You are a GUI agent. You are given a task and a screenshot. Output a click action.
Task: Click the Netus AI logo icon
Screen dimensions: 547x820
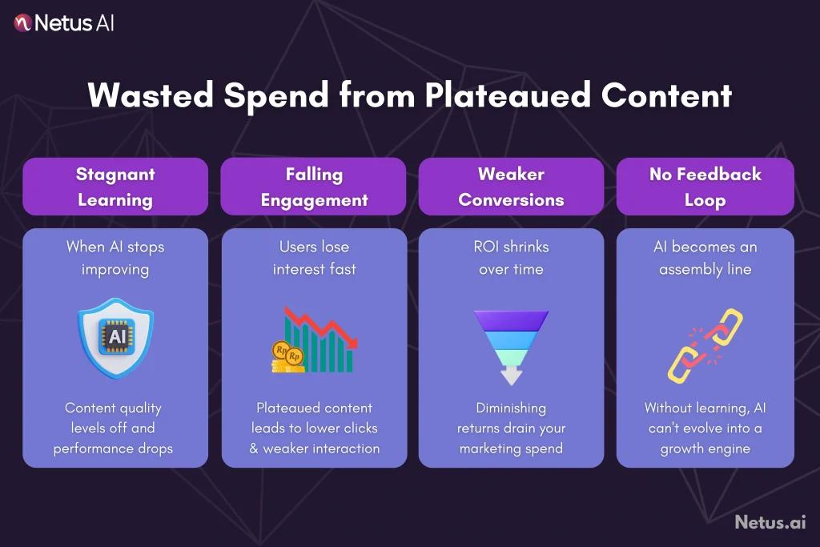tap(23, 23)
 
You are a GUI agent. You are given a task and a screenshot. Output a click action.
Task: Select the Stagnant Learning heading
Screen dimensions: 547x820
tap(115, 187)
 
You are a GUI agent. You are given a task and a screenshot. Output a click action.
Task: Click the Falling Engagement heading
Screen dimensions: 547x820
tap(314, 187)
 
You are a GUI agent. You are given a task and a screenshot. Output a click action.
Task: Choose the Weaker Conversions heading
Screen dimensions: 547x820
tap(511, 187)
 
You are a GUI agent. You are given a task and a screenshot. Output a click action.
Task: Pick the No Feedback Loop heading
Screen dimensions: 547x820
tap(705, 187)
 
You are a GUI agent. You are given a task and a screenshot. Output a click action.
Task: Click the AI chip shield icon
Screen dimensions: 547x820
tap(116, 336)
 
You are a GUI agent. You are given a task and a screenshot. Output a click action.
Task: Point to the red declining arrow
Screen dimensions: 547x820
tap(320, 320)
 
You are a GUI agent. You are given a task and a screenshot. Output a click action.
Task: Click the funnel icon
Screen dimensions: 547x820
tap(511, 332)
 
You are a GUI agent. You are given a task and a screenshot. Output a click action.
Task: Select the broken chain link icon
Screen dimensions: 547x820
tap(705, 344)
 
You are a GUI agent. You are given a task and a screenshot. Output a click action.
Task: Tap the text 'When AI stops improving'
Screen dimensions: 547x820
tap(115, 258)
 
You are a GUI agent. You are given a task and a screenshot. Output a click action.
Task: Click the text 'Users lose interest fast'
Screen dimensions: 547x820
tap(314, 258)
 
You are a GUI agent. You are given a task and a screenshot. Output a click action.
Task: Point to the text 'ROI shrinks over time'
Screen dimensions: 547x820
tap(511, 258)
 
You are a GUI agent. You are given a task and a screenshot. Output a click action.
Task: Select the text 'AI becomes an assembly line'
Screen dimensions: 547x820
tap(705, 258)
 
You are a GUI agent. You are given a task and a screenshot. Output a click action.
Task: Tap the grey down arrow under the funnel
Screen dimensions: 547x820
tap(511, 375)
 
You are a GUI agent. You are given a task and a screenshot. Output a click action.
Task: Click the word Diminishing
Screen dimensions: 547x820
tap(511, 408)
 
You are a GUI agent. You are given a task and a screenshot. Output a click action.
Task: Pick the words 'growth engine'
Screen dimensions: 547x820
tap(705, 448)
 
